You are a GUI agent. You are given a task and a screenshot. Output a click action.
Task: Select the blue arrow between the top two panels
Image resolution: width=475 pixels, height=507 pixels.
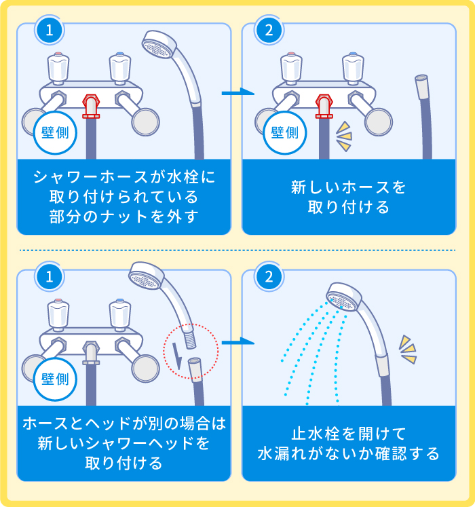[237, 92]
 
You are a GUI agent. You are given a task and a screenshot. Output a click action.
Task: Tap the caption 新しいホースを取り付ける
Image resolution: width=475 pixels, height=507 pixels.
[349, 197]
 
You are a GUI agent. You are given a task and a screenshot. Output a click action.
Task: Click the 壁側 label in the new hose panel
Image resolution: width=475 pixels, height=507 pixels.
[284, 132]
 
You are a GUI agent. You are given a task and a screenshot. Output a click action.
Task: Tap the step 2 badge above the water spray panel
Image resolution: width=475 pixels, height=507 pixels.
[269, 276]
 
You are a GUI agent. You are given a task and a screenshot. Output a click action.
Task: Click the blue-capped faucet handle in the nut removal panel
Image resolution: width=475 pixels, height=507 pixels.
[119, 68]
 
